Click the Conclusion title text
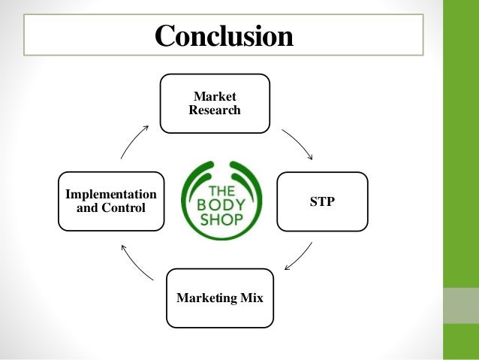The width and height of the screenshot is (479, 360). [223, 35]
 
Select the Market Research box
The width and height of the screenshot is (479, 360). [215, 103]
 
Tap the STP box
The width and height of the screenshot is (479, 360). [322, 201]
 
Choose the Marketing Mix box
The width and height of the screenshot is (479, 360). [220, 298]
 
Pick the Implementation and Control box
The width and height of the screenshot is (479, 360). [111, 201]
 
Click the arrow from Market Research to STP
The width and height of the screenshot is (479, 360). [298, 144]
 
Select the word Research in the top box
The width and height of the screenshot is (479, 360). [215, 110]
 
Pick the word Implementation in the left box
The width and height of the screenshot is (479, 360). [111, 194]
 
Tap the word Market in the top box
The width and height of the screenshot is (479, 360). [215, 96]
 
